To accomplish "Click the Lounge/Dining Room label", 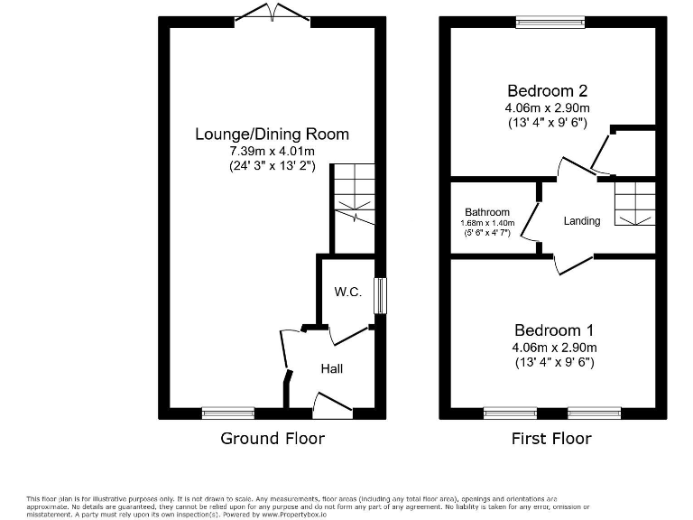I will click(272, 135).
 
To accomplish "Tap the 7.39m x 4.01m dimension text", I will click(272, 151).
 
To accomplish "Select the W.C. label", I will click(347, 292).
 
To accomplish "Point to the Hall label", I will click(331, 368).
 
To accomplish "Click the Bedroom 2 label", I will click(548, 90).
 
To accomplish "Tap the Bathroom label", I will click(487, 212).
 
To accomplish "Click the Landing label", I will click(582, 220).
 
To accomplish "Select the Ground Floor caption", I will click(273, 439).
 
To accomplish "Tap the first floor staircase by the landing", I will click(634, 203).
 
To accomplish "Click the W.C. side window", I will click(380, 295).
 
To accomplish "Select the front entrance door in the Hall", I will click(332, 404).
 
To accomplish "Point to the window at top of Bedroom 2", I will click(550, 20).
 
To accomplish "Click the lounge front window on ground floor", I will click(223, 413).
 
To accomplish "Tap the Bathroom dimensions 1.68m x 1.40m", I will click(487, 223).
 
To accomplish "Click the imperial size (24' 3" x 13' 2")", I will click(272, 166).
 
